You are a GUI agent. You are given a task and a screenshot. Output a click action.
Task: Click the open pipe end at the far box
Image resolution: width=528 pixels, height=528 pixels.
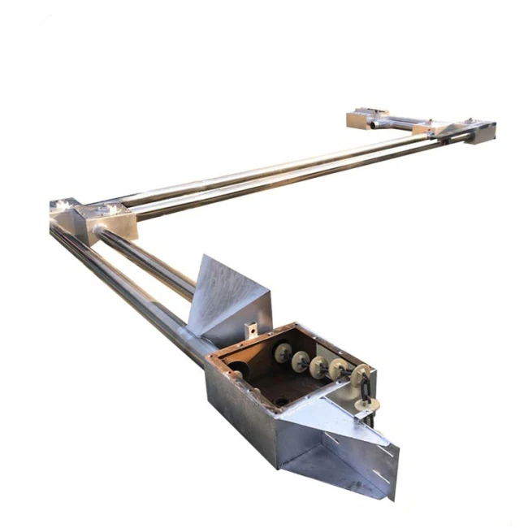click(368, 126)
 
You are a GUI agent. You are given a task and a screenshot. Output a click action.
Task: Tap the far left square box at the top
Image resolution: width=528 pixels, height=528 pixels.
click(365, 118)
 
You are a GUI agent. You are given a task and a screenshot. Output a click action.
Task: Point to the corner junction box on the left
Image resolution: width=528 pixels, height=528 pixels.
click(97, 219)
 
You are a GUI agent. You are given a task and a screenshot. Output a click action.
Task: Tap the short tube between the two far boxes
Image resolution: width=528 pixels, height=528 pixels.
click(398, 123)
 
